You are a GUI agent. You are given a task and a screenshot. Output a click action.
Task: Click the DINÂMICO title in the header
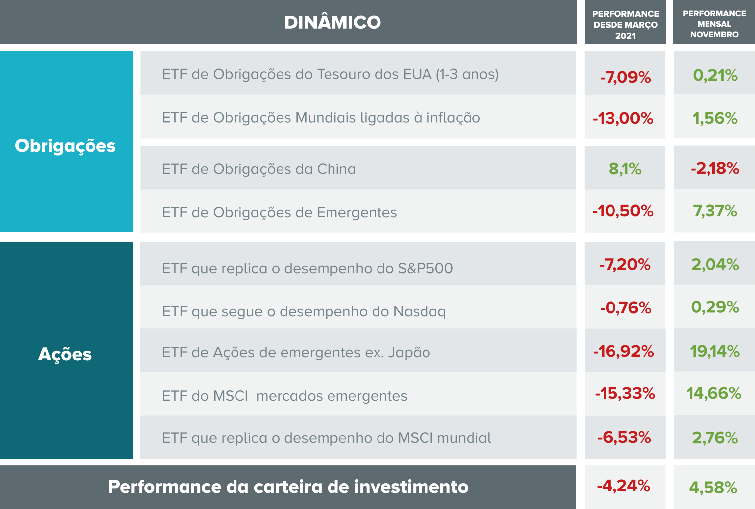click(x=332, y=22)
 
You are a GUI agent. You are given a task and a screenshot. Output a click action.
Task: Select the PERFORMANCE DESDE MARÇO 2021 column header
click(x=625, y=24)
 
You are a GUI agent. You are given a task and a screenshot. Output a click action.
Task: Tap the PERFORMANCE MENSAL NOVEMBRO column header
click(x=714, y=24)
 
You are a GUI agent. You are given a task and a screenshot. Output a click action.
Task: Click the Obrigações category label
click(x=65, y=146)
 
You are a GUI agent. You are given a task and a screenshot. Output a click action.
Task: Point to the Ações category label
click(x=65, y=354)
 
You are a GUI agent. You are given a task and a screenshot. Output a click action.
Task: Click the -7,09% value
click(x=625, y=77)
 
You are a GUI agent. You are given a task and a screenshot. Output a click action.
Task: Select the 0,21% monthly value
click(x=715, y=75)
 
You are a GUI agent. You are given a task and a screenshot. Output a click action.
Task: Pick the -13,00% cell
click(x=623, y=118)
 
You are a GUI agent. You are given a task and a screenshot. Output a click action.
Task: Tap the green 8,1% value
click(x=625, y=169)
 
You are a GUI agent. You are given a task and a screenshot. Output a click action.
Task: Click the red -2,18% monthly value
click(x=715, y=168)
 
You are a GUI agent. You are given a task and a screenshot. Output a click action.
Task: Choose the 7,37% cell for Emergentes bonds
click(x=715, y=211)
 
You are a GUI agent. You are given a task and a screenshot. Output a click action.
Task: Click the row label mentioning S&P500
click(x=307, y=268)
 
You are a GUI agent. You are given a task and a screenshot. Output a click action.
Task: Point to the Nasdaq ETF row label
click(x=304, y=311)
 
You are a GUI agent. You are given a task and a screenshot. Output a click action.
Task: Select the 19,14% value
click(x=715, y=351)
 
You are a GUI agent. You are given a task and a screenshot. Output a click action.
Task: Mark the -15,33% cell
click(x=625, y=393)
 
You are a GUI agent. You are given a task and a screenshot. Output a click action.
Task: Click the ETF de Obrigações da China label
click(x=259, y=169)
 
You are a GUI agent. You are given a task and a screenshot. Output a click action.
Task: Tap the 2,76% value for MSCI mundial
click(x=715, y=438)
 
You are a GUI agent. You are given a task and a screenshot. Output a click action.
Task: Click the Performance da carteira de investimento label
click(x=288, y=487)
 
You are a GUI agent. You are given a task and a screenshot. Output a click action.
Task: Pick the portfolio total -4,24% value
click(x=623, y=486)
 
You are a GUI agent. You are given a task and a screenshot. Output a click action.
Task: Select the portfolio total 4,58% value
click(x=713, y=488)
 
